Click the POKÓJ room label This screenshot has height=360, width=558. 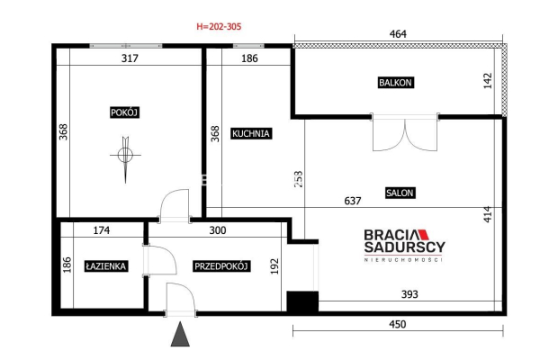[x=124, y=112]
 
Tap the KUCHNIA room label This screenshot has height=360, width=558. [x=251, y=133]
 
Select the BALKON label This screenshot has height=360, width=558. [x=395, y=83]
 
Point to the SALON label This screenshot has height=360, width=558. [x=400, y=193]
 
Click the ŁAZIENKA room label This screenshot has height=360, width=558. [x=105, y=266]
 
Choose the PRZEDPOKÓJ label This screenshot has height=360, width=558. [x=220, y=266]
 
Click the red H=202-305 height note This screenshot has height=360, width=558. [x=219, y=26]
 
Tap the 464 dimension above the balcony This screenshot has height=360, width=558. [x=398, y=34]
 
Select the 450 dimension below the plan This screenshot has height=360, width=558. [x=398, y=324]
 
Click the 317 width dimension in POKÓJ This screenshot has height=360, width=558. [x=130, y=58]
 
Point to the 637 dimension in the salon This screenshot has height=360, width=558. [x=352, y=201]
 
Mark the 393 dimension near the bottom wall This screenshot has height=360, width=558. [x=409, y=294]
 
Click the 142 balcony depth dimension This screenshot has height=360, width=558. [x=488, y=81]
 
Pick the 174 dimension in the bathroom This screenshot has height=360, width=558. [x=101, y=230]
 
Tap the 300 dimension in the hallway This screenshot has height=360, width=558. [x=218, y=230]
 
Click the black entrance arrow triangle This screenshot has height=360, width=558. [x=180, y=335]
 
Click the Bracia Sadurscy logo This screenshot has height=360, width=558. [x=405, y=246]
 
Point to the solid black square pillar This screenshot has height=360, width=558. [x=302, y=301]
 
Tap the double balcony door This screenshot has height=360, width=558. [x=405, y=132]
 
